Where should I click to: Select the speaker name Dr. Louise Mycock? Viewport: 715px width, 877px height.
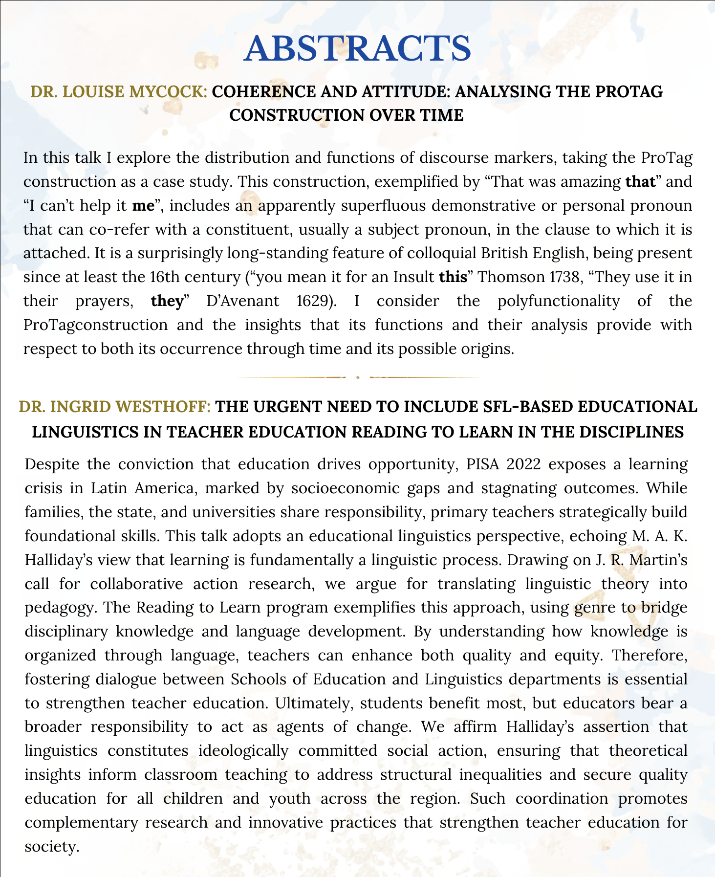pyautogui.click(x=119, y=91)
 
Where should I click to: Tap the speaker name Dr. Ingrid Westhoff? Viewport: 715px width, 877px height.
pyautogui.click(x=115, y=407)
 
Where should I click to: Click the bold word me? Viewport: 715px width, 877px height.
pyautogui.click(x=143, y=205)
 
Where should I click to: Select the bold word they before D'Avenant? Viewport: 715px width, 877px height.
pyautogui.click(x=166, y=301)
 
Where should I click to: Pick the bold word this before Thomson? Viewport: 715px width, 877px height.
pyautogui.click(x=453, y=277)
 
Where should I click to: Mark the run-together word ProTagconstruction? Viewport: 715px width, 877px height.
pyautogui.click(x=95, y=325)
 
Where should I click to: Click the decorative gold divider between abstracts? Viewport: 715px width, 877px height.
pyautogui.click(x=358, y=377)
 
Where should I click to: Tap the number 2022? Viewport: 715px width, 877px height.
pyautogui.click(x=523, y=464)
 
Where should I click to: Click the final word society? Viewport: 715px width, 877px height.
pyautogui.click(x=51, y=846)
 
